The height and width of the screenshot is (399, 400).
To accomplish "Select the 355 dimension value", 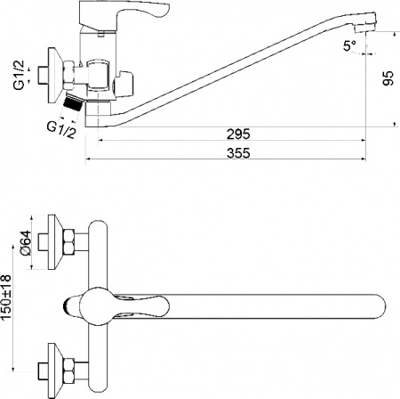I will [x=237, y=153].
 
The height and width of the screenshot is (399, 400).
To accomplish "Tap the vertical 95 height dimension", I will [x=388, y=80].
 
